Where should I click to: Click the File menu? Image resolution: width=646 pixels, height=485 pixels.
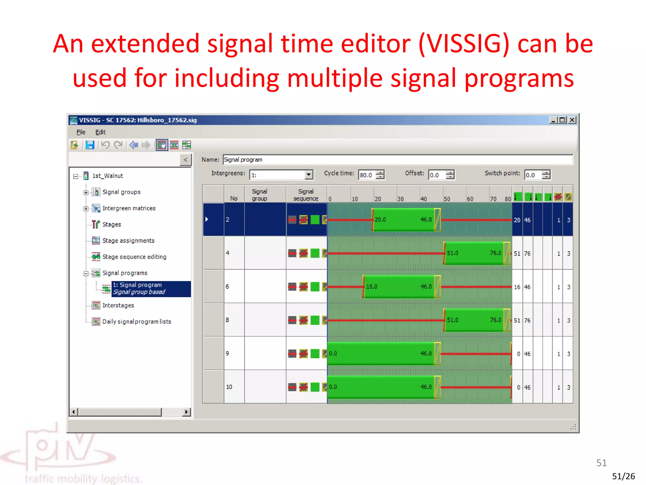[x=81, y=132]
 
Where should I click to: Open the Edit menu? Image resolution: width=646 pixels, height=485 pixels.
[x=100, y=132]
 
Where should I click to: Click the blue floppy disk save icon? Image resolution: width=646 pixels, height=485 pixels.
[x=90, y=145]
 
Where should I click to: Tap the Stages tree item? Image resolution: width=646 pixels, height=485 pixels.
[x=111, y=225]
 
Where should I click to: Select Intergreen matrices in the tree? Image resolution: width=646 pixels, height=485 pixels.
[x=129, y=208]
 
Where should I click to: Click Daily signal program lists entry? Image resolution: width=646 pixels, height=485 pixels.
[x=137, y=321]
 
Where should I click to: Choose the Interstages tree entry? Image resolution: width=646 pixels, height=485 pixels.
[x=118, y=305]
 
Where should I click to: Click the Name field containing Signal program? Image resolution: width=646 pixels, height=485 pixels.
[x=397, y=159]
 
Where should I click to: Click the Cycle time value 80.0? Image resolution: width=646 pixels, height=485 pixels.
[x=367, y=175]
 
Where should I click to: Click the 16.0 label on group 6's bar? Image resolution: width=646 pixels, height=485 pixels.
[x=372, y=286]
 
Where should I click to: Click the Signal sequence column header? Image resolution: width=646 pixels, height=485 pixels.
[x=306, y=195]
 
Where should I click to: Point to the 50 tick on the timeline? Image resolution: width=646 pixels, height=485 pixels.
[x=446, y=199]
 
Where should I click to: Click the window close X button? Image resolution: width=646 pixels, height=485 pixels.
[x=572, y=120]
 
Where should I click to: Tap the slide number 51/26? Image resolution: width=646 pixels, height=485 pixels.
[x=623, y=476]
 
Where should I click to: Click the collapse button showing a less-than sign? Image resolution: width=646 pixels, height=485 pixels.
[x=185, y=160]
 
